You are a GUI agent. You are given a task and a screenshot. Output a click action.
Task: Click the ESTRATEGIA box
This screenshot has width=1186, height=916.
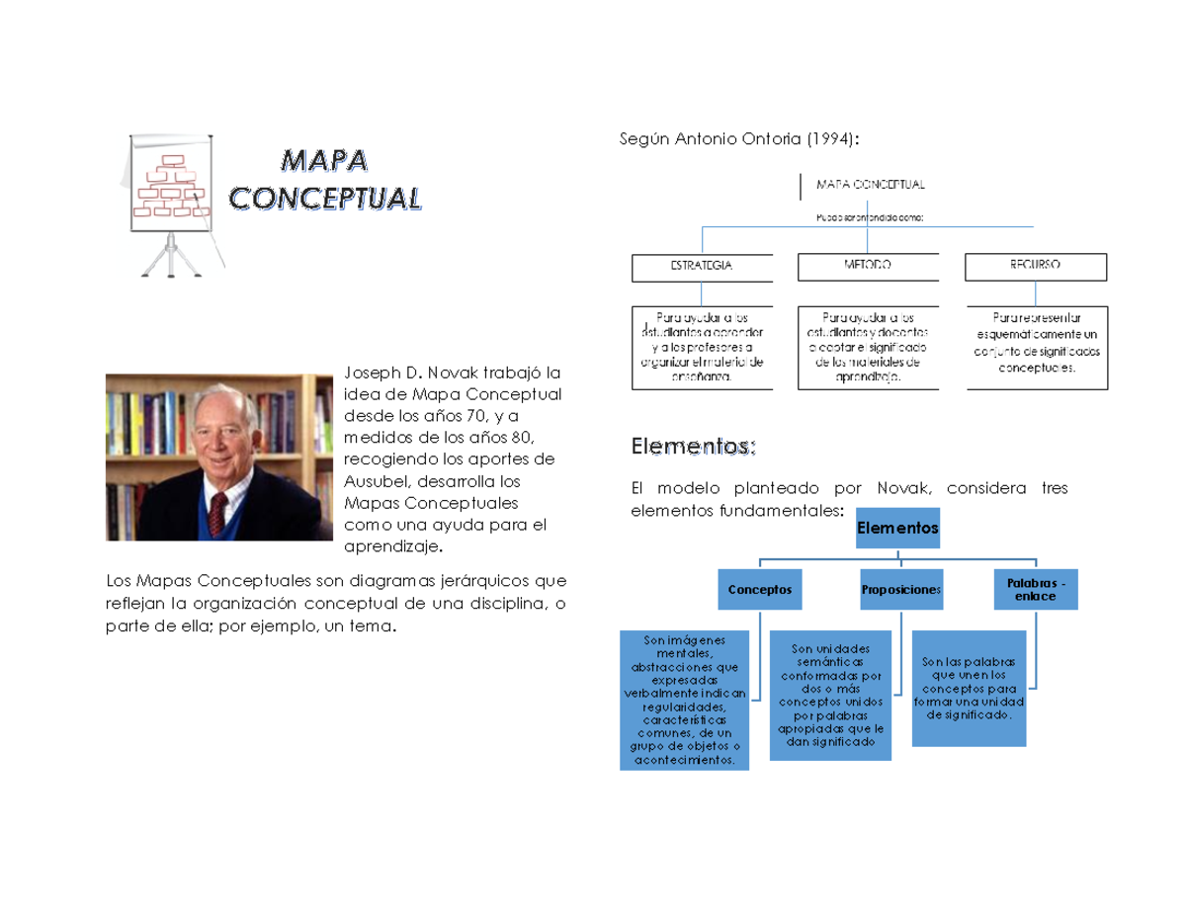[x=702, y=267]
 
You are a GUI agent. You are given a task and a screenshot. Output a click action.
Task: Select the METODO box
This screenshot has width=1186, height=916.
[x=867, y=267]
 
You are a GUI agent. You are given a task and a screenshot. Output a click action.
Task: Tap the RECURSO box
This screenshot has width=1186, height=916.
[x=1036, y=267]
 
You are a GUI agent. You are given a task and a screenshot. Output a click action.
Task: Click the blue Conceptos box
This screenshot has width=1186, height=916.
[x=760, y=589]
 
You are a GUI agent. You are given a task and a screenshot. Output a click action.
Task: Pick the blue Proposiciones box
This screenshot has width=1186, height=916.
[x=900, y=589]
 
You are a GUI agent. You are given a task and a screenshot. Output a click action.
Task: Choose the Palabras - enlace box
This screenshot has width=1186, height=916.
[x=1035, y=590]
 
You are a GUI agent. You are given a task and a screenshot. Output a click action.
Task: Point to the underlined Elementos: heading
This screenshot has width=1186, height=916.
[x=693, y=448]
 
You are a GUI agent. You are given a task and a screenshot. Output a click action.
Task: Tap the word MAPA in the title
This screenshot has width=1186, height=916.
[x=324, y=159]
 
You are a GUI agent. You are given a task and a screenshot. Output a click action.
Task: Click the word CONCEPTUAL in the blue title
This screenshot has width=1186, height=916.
[x=325, y=198]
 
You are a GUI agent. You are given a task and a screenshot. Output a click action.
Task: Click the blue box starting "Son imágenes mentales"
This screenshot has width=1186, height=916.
[x=685, y=701]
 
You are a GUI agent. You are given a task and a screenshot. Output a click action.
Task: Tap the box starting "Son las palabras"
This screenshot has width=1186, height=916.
[x=969, y=688]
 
